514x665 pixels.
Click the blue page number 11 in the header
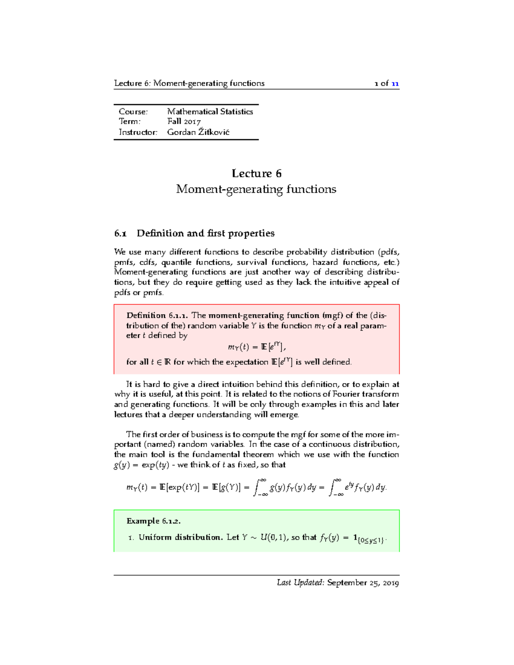coord(395,83)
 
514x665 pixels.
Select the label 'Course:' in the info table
coord(133,112)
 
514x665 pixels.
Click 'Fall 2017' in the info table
coord(184,122)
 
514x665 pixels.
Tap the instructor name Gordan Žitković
coord(198,132)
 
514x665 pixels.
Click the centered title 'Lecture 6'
coord(256,173)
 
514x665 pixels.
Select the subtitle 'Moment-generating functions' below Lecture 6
coord(256,189)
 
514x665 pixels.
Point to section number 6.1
coord(120,233)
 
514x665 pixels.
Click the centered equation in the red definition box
coord(256,346)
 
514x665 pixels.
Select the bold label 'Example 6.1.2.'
coord(153,521)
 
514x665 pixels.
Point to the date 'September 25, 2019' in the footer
coord(363,583)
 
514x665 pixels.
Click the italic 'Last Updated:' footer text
coord(301,583)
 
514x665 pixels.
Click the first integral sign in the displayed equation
coord(258,487)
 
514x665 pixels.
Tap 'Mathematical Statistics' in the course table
coord(210,112)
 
